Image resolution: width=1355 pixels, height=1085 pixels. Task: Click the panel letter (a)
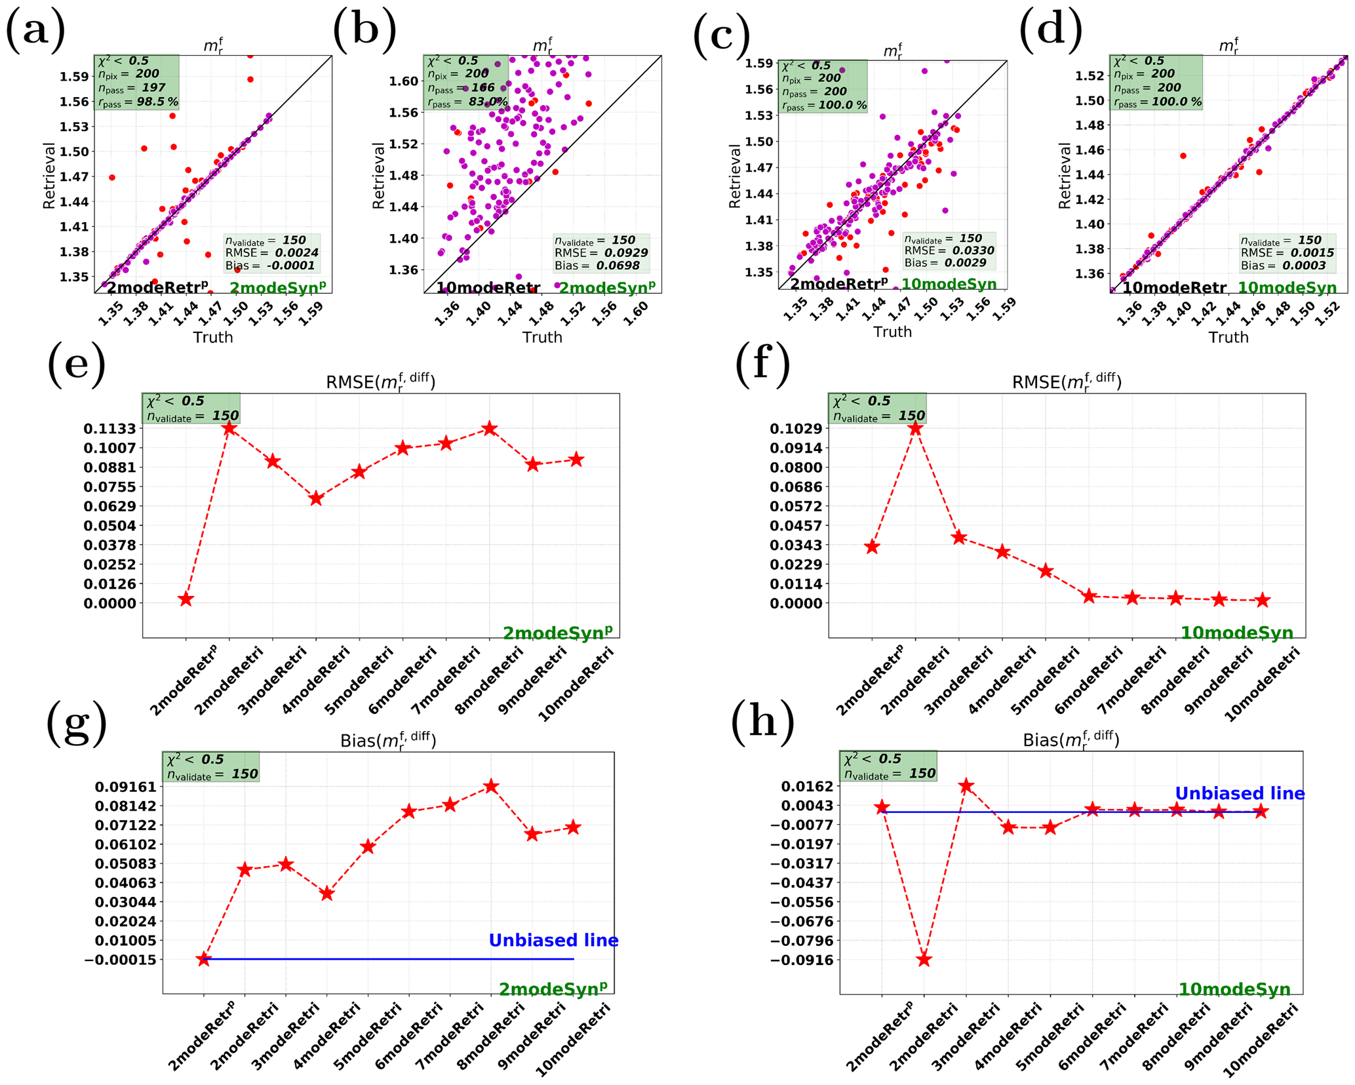pos(35,31)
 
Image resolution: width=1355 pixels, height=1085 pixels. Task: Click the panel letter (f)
pos(762,361)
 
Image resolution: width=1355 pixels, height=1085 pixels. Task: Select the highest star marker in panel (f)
pos(915,428)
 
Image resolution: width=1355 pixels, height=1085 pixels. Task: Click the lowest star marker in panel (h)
pos(924,959)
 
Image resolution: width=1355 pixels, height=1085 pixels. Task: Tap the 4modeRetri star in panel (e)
pos(316,499)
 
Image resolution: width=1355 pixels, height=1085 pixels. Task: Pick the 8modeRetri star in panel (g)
pos(491,786)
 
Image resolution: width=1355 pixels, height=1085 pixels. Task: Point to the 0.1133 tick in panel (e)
pos(109,429)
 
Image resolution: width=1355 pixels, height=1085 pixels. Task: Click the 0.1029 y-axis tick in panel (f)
pos(796,429)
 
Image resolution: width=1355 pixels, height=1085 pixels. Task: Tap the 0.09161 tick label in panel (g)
pos(125,787)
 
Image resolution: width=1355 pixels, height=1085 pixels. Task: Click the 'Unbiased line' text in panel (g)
pos(553,941)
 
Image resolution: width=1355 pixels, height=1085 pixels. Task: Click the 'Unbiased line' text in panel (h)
pos(1239,794)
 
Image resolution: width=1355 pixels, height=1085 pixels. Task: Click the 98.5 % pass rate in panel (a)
pos(153,102)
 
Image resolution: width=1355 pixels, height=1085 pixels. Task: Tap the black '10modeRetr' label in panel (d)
pos(1173,288)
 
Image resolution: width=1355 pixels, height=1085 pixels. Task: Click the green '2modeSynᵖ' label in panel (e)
pos(557,633)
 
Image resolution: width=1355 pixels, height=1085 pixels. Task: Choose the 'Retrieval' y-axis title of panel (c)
pos(734,176)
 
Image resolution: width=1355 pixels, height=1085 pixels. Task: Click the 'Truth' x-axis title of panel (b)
pos(542,337)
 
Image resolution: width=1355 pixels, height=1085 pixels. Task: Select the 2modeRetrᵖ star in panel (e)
pos(186,599)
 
